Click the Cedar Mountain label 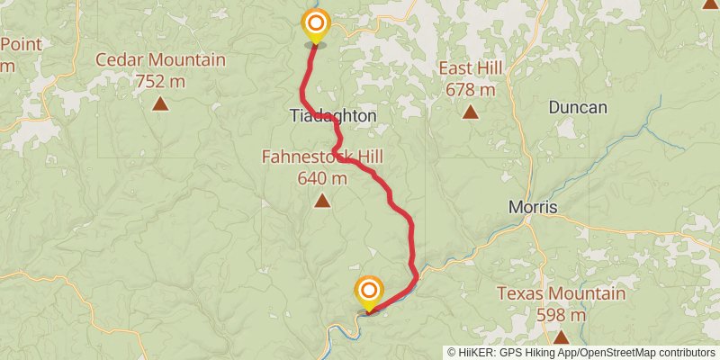(x=161, y=61)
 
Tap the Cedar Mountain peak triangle (x=160, y=103)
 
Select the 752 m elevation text (x=160, y=82)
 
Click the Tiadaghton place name (x=333, y=117)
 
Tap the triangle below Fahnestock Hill (x=322, y=201)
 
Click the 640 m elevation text (x=322, y=178)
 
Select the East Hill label (x=471, y=69)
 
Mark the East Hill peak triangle (x=470, y=112)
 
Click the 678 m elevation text (x=471, y=90)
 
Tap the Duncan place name (x=578, y=108)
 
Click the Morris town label (x=533, y=208)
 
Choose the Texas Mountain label (x=561, y=294)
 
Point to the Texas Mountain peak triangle (x=561, y=337)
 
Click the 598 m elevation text (x=561, y=315)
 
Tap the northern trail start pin (x=315, y=23)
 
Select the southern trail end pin (x=369, y=292)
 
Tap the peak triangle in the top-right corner (x=709, y=4)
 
